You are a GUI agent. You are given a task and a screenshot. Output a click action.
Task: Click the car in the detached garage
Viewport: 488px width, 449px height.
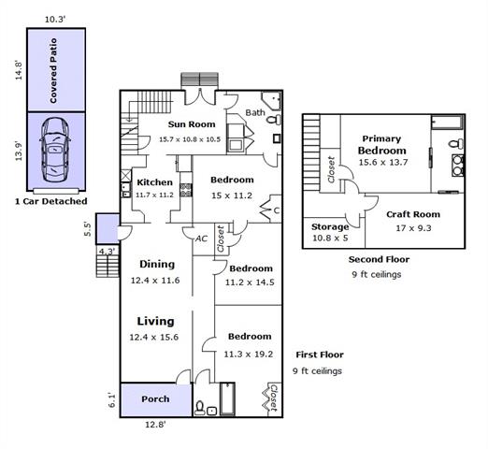point(55,150)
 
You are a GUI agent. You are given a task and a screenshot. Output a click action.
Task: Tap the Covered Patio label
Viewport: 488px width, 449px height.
point(53,71)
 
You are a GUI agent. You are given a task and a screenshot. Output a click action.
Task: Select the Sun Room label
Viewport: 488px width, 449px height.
point(192,124)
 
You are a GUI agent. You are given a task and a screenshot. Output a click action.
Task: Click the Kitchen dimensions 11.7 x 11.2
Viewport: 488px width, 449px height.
point(154,195)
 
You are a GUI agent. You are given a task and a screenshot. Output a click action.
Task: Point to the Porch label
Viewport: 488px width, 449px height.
point(155,399)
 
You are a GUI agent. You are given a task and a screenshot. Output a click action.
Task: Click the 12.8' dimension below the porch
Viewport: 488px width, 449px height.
point(155,425)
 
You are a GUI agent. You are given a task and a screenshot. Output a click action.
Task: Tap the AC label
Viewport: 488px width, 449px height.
point(201,239)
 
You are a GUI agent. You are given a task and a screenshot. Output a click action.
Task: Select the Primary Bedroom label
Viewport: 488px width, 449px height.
point(382,145)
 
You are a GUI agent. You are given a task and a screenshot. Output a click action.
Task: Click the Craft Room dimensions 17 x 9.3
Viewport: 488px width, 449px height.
point(413,228)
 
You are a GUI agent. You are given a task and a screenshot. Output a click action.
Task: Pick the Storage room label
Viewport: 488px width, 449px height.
point(330,227)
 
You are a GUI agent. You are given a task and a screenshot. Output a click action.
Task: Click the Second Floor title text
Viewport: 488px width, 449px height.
point(379,259)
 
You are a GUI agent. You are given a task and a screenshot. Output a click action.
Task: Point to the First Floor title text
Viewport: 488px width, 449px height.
point(320,355)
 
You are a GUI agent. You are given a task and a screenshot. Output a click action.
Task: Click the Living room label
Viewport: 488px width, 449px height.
point(155,321)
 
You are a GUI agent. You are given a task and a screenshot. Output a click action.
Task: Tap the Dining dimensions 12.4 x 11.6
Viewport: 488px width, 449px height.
point(155,281)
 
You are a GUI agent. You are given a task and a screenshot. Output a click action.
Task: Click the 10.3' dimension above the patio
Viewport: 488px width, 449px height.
point(55,20)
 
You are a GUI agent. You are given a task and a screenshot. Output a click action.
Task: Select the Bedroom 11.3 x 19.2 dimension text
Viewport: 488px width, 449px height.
point(249,355)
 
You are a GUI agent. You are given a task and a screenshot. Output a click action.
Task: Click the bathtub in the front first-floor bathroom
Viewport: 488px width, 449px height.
point(227,398)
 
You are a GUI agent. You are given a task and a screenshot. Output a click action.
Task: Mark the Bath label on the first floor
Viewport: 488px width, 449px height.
point(255,112)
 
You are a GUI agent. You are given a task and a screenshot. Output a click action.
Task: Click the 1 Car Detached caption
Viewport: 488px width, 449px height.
point(51,201)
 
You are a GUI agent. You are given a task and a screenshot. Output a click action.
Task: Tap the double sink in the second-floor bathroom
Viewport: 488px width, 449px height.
point(457,166)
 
